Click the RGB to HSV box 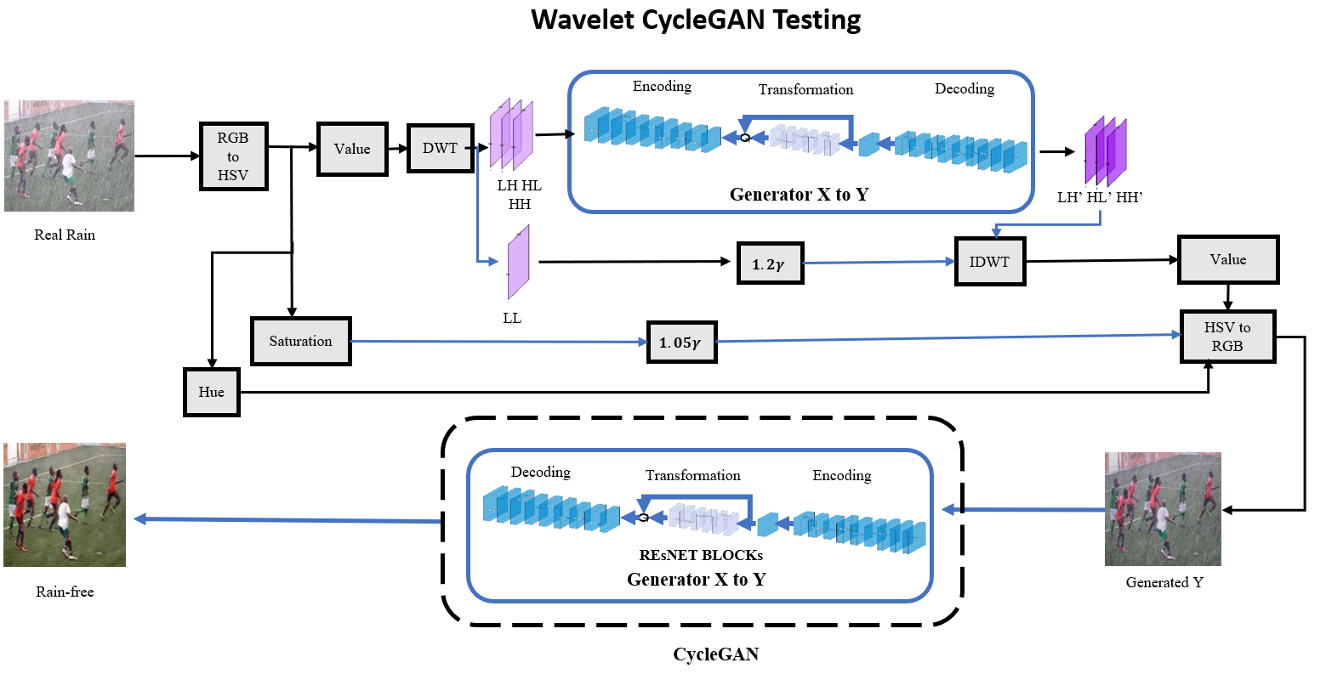tap(233, 156)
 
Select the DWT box tap(440, 148)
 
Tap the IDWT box tap(989, 262)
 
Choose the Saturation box tap(300, 341)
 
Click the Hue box tap(212, 392)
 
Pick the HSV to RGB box tap(1227, 337)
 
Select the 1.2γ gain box tap(768, 264)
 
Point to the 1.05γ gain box tap(681, 343)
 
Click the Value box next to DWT tap(352, 149)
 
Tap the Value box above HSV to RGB tap(1227, 259)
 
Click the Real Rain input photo tap(69, 156)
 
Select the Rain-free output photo tap(65, 505)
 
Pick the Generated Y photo tap(1163, 509)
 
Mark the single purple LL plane tap(518, 262)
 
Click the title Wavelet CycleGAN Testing tap(696, 19)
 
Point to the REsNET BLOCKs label tap(701, 555)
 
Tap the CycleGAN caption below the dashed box tap(715, 654)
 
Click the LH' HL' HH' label tap(1100, 197)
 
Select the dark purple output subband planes tap(1105, 151)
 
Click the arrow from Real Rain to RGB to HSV tap(167, 156)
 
